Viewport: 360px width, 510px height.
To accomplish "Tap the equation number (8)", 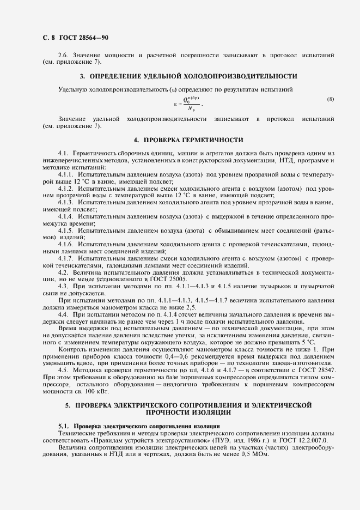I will click(330, 99).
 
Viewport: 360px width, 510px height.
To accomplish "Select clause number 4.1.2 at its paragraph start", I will click(66, 188).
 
